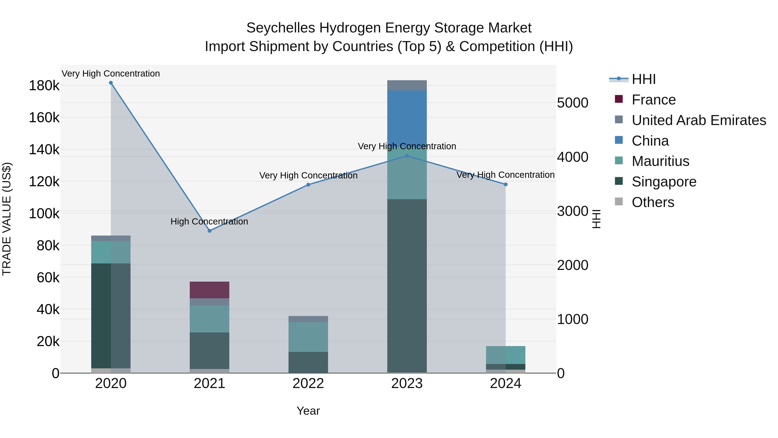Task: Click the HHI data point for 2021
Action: (210, 231)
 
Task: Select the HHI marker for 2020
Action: (111, 83)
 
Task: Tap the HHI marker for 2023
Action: (407, 156)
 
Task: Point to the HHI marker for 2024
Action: (505, 184)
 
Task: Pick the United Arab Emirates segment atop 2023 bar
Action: (407, 85)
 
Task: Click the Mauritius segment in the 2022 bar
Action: (308, 337)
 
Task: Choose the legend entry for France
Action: (653, 100)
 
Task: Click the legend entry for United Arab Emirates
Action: (698, 120)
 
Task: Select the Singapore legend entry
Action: (664, 182)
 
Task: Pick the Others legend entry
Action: (653, 202)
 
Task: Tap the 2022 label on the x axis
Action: (308, 383)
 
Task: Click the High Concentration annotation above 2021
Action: (209, 221)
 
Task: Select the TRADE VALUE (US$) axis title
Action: (7, 219)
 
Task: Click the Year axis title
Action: (308, 411)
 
